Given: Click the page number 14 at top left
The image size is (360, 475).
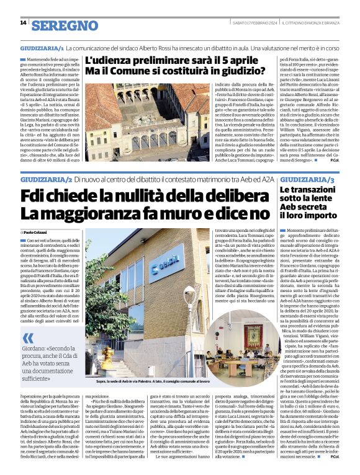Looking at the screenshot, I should click(23, 23).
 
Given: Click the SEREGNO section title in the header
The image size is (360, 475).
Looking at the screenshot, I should click(65, 25).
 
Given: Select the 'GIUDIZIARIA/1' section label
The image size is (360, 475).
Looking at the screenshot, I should click(42, 48).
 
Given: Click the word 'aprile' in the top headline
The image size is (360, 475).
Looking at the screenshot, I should click(229, 61).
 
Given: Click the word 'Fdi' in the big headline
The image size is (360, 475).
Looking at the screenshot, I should click(38, 196).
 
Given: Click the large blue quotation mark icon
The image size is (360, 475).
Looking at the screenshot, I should click(28, 338).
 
